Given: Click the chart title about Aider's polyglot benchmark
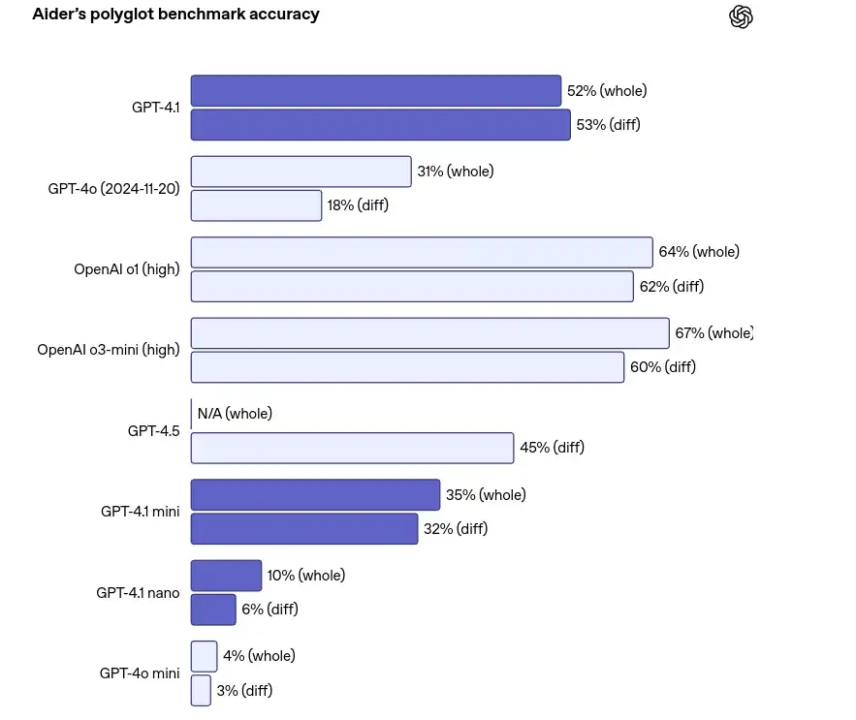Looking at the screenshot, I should [175, 15].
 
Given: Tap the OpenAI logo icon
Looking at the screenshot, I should [742, 16].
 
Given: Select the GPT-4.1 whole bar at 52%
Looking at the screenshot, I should [375, 91].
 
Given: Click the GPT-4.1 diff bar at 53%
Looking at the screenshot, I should [380, 125].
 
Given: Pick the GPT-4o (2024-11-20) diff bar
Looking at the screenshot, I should [256, 205].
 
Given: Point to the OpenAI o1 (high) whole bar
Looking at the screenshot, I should [421, 252].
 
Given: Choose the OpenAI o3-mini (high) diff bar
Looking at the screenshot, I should [407, 367].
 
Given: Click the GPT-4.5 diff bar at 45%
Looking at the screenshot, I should [352, 448].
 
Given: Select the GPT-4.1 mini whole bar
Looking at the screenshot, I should [315, 495].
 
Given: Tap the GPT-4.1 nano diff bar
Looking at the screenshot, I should [213, 610].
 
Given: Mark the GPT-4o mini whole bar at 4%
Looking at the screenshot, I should [204, 656].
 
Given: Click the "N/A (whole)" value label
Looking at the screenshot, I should [235, 414].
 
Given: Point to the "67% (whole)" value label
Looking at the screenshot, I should [713, 333].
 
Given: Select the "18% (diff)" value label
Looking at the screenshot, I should [358, 205].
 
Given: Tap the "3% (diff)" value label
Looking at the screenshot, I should [244, 691].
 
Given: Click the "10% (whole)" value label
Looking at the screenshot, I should [305, 576].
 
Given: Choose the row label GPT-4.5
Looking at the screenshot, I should [153, 430].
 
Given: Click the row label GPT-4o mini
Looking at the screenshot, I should [140, 673].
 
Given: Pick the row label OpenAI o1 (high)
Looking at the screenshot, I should [127, 269].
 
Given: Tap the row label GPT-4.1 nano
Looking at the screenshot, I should [138, 592].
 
